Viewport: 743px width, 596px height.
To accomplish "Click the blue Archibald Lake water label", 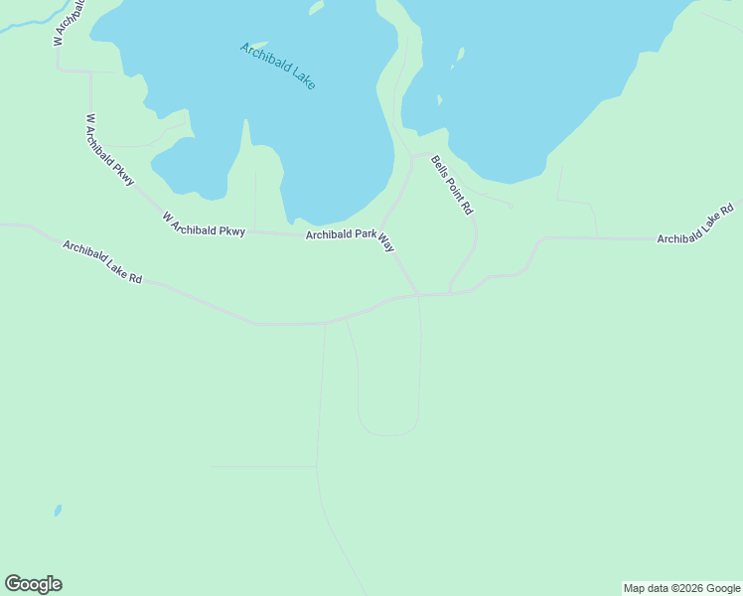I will point(277,67).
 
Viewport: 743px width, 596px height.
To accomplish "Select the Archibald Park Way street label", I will point(350,238).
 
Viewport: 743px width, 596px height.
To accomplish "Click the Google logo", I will point(33,584).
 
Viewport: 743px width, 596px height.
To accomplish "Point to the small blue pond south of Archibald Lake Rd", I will point(58,511).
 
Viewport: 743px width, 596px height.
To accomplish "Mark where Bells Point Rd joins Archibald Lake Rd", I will point(449,293).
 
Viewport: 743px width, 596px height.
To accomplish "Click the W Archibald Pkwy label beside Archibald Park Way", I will point(203,224).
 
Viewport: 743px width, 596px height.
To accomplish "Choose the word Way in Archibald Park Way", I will point(386,243).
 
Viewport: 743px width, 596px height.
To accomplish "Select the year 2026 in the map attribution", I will point(689,588).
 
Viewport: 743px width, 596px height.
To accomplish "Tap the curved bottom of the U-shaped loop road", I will point(387,434).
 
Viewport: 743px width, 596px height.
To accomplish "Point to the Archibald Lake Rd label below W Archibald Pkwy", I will point(102,262).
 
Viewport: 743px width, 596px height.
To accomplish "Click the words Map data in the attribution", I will point(646,588).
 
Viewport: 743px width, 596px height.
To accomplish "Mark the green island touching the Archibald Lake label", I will point(255,45).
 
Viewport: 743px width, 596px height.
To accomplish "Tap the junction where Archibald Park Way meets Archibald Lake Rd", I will point(418,295).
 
